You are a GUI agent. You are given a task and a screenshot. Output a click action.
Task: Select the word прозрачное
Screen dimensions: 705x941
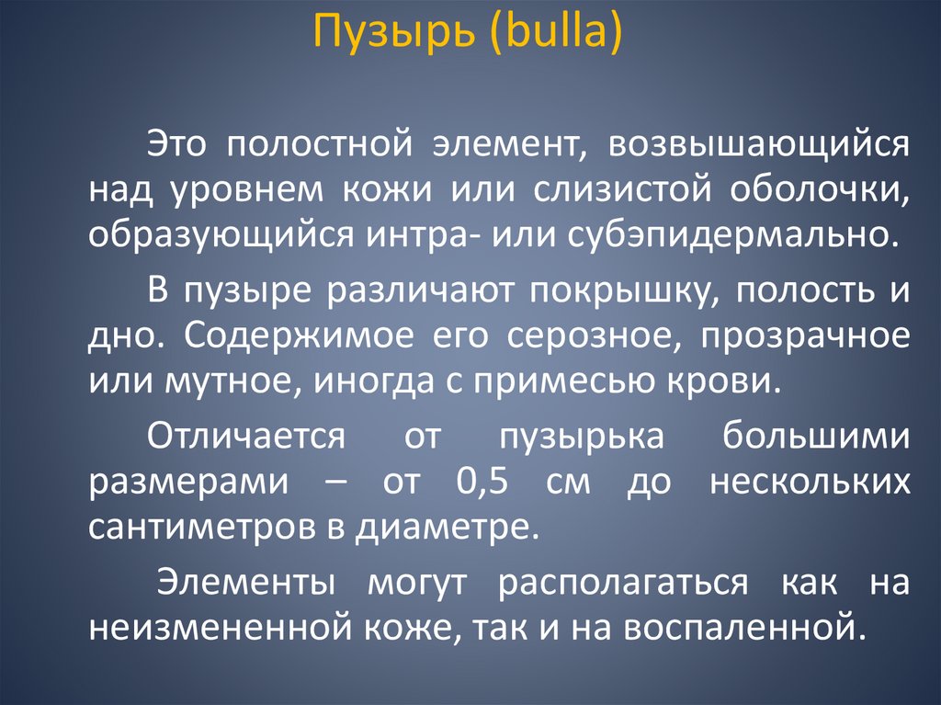pyautogui.click(x=805, y=335)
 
